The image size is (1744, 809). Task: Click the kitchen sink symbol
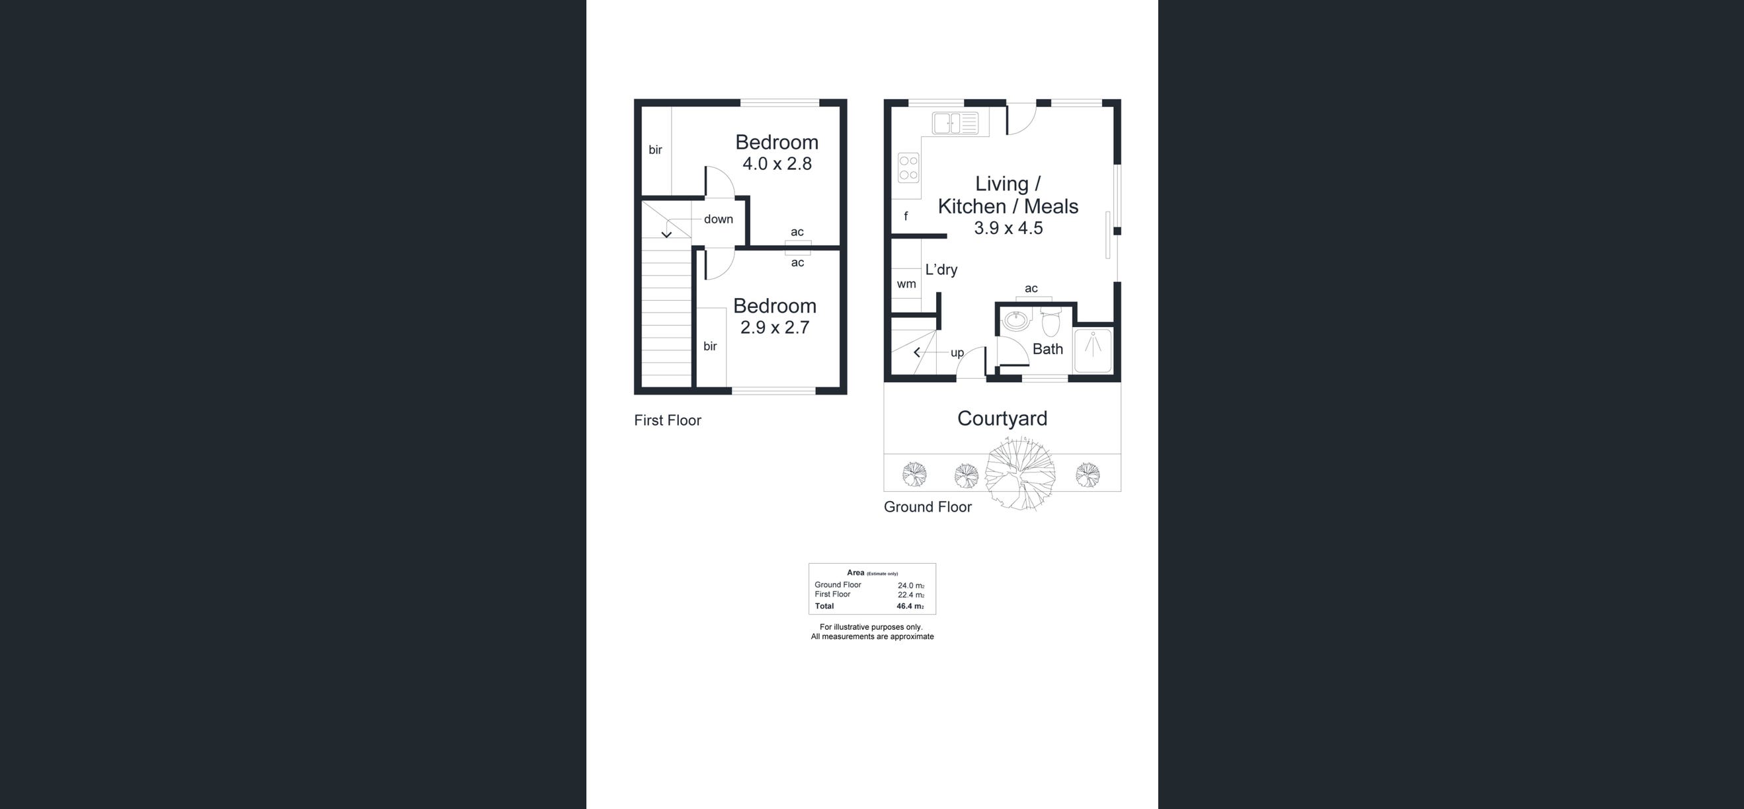955,123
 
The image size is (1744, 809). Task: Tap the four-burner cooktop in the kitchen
908,168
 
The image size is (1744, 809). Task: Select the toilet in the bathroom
1050,323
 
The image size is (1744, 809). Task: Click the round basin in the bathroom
1015,320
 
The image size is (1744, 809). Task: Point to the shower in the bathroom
1093,350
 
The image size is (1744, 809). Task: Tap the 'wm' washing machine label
906,284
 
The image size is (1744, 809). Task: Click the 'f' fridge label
906,216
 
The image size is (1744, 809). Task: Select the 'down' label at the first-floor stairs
719,219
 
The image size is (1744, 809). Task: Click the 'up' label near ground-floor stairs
957,353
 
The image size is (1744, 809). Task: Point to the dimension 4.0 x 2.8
777,163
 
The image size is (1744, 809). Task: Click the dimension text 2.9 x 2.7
775,327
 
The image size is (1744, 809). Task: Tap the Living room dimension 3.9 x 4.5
1008,227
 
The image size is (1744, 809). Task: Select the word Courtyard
1002,418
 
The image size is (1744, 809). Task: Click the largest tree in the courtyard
1019,473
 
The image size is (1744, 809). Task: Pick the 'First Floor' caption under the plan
668,420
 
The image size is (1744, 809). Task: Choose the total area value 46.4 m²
910,607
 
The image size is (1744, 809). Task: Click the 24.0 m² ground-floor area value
910,586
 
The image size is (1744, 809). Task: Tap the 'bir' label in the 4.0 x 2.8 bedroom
655,149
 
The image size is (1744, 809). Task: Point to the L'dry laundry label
941,270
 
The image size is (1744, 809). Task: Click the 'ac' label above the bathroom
1031,288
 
